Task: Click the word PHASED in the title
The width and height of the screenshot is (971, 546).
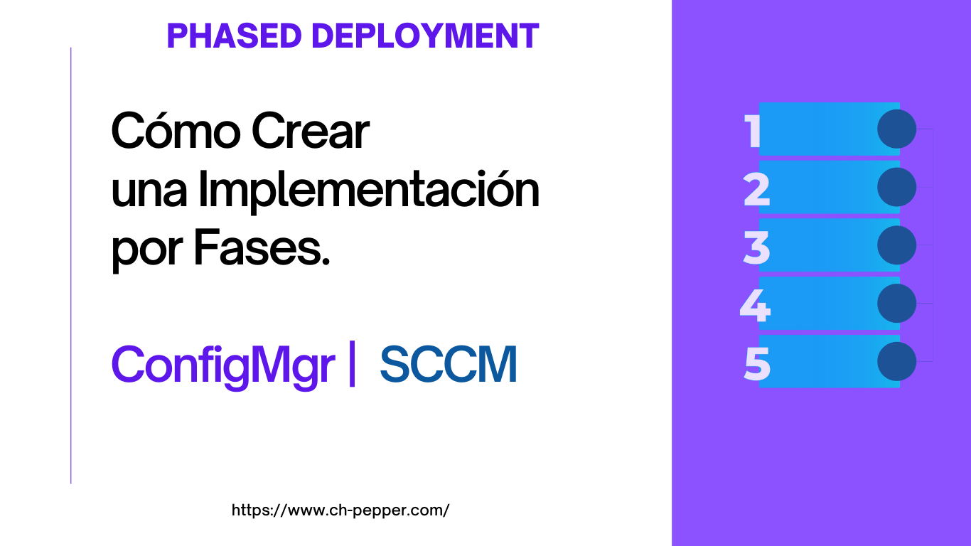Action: pos(234,36)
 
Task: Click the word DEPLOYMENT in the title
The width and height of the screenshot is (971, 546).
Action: pos(425,36)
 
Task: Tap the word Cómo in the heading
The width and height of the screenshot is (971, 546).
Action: pos(176,131)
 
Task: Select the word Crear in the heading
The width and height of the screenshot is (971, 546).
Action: pos(311,131)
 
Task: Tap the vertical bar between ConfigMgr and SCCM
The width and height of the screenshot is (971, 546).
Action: pos(352,363)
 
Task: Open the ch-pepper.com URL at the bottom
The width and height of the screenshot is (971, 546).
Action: pos(340,510)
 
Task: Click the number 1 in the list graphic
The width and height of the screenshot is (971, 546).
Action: pos(751,132)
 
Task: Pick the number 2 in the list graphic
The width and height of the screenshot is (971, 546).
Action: pos(756,190)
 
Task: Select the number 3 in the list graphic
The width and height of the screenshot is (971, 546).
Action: pos(756,247)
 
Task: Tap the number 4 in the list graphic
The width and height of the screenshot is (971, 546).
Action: pos(755,306)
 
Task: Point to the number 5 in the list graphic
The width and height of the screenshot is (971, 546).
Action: pos(757,364)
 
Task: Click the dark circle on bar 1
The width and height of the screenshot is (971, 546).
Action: pos(896,129)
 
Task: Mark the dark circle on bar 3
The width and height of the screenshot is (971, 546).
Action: pos(896,245)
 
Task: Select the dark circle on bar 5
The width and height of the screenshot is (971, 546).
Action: pos(896,361)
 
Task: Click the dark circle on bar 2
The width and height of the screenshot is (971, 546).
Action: pos(896,187)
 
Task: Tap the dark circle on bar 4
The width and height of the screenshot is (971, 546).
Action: pos(896,303)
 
